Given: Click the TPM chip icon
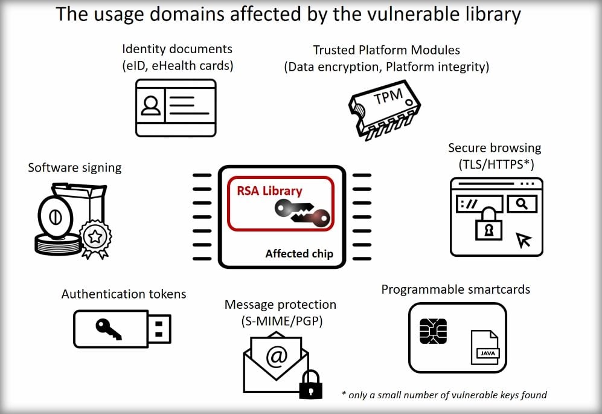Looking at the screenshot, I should [x=385, y=108].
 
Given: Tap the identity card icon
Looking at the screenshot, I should [x=175, y=107].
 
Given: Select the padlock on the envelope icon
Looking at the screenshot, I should [x=311, y=384].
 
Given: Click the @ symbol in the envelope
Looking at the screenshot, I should [x=277, y=357].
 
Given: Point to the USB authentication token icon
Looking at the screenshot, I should [x=122, y=328].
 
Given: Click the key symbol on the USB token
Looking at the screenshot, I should [x=108, y=328].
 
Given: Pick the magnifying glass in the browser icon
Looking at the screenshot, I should [x=522, y=204].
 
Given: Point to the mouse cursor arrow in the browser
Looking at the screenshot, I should [x=524, y=240].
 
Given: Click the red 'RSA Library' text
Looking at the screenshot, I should [x=269, y=191].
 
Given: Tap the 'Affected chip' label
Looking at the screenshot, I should [x=299, y=254].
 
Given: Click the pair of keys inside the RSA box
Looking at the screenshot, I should [x=302, y=212].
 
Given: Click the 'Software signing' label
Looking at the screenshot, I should [x=74, y=167].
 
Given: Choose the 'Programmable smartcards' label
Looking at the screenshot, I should [x=455, y=289].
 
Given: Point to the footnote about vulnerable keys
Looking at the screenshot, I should [x=444, y=395].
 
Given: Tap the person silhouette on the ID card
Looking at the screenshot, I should [x=151, y=106].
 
